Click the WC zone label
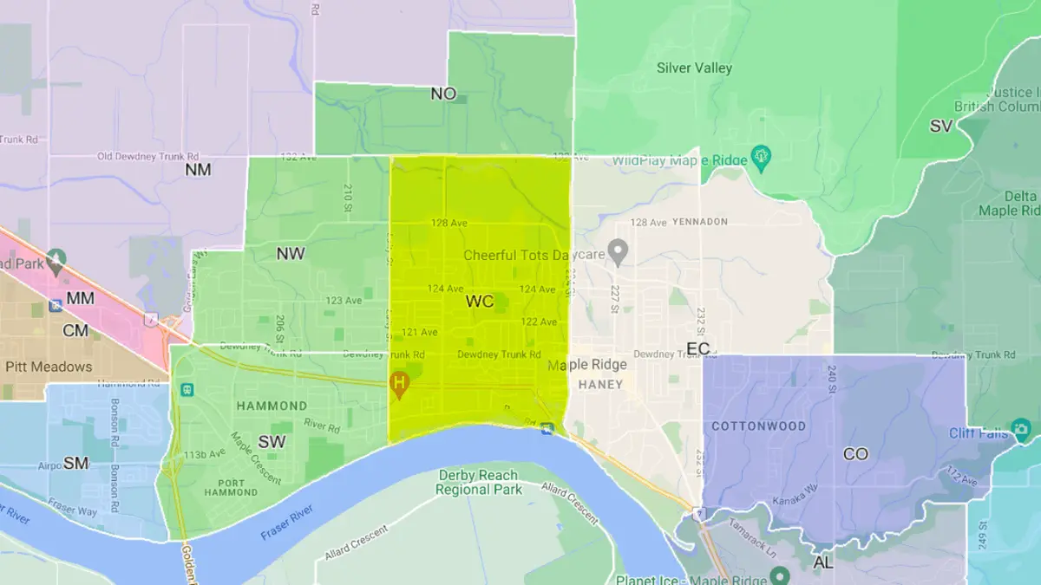pos(480,302)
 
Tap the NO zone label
pos(443,94)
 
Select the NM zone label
pos(198,170)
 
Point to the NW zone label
pos(291,254)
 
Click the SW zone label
pos(272,442)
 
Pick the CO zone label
pos(855,454)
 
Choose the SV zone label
pos(941,127)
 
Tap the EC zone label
pos(697,348)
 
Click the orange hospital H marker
pos(399,383)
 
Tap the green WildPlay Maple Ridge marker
pos(762,156)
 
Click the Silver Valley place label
pos(694,68)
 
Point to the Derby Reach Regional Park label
pos(478,482)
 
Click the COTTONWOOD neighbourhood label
pos(758,426)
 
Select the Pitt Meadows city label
pos(49,367)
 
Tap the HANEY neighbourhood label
pos(600,384)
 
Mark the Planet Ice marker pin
pos(780,575)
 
